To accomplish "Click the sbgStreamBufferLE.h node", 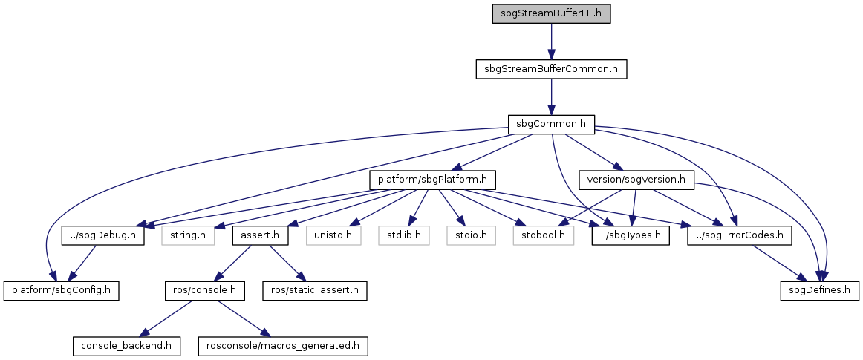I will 551,14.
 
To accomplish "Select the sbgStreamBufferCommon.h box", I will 551,69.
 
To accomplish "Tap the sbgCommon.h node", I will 551,124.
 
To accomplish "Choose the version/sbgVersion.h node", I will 636,180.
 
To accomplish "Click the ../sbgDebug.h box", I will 102,235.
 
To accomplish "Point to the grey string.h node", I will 187,235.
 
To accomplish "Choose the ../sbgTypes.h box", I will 631,235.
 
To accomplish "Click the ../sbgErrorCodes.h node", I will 739,235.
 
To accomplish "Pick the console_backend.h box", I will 126,345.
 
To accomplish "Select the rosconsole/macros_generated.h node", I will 283,345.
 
